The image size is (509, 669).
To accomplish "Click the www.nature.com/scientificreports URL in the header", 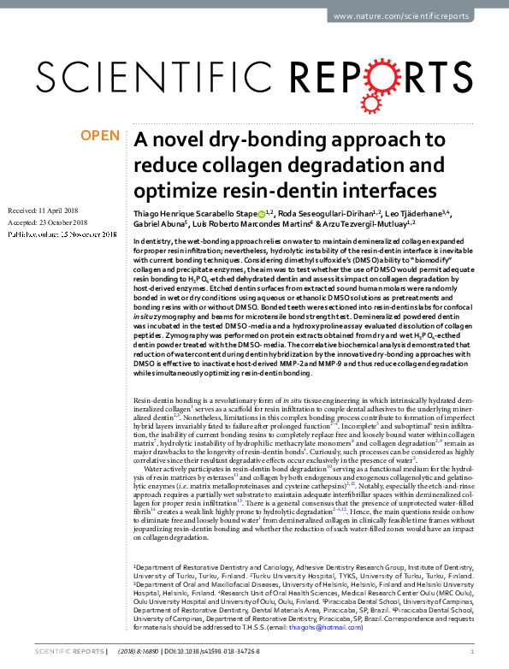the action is point(412,15).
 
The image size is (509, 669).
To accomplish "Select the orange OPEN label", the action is point(99,136).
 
